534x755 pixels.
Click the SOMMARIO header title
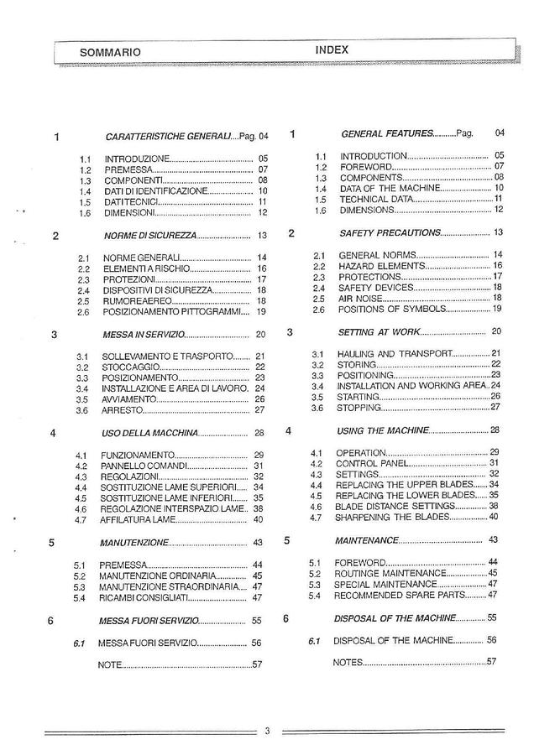coord(110,52)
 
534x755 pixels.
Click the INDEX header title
coord(332,50)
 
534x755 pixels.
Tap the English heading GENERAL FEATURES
coord(386,133)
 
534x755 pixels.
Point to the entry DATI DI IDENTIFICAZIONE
coord(155,191)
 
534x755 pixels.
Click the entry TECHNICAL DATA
coord(376,200)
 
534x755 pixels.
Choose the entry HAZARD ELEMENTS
coord(378,265)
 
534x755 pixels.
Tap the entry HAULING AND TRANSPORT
coord(395,353)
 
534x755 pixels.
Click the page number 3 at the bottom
coord(266,730)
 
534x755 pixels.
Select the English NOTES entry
coord(348,662)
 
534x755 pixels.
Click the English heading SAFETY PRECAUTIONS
coord(389,232)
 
